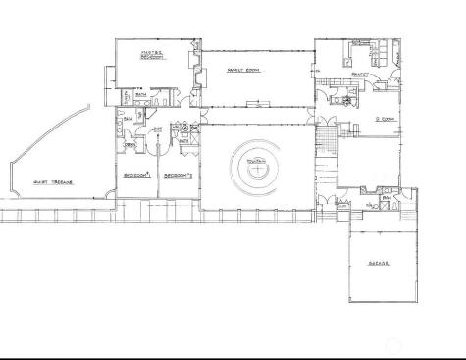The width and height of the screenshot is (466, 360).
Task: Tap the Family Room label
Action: tap(241, 71)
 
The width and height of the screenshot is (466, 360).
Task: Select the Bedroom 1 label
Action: tap(136, 174)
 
